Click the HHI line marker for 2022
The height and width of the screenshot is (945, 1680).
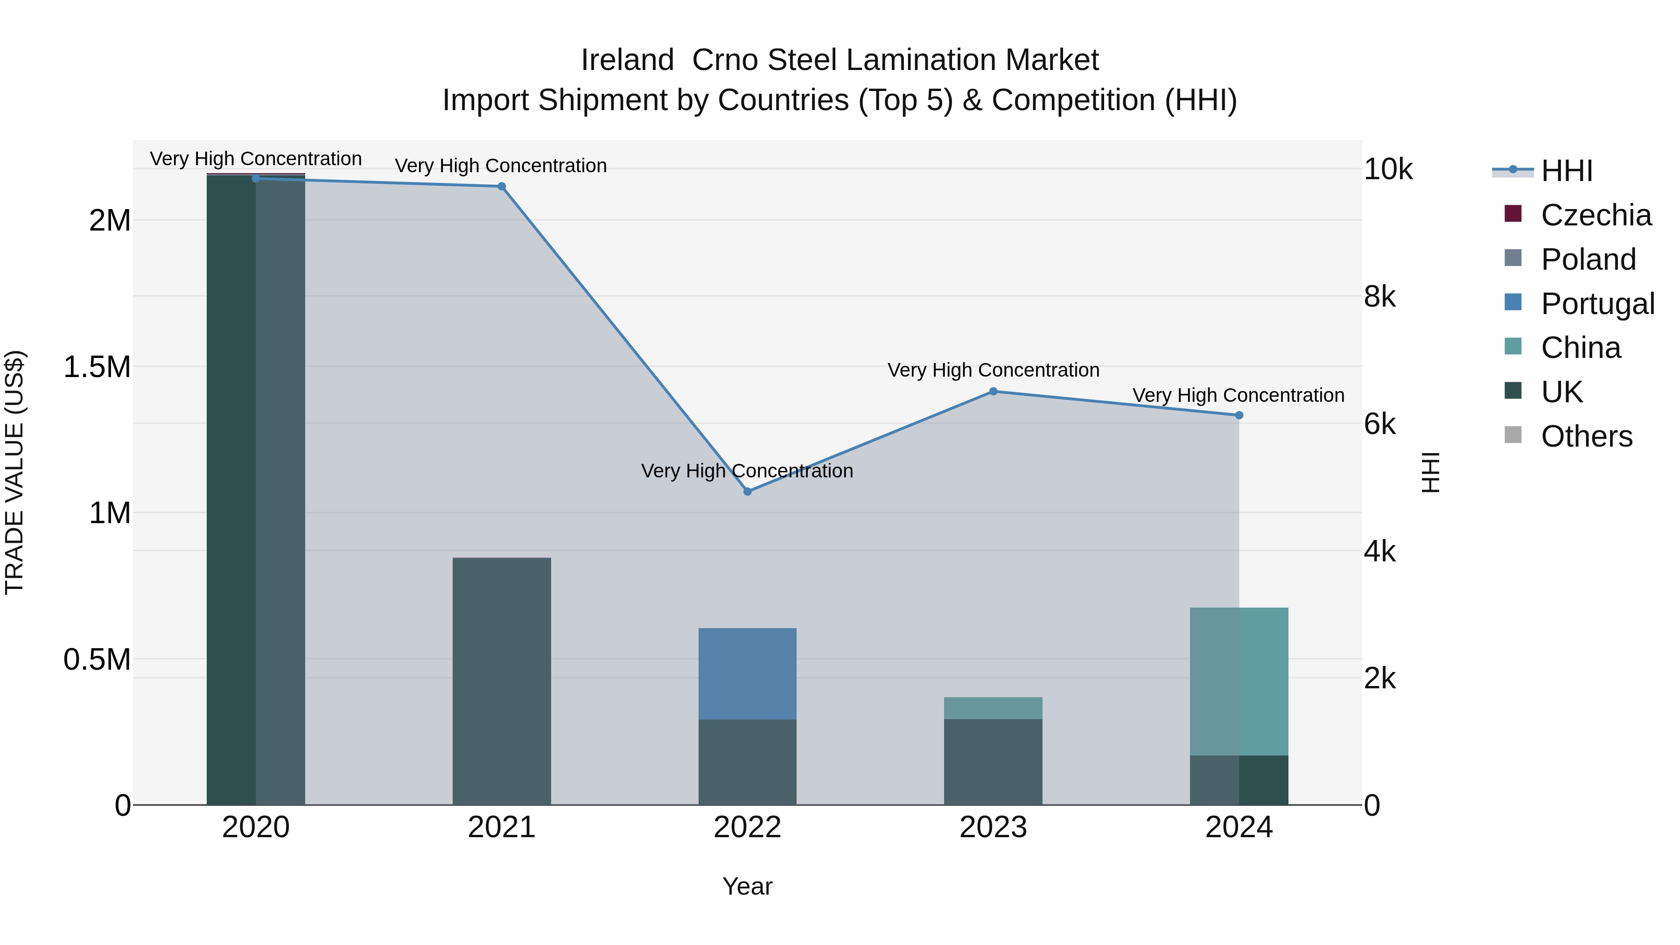click(x=748, y=491)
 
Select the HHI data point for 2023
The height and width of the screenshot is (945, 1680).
click(x=993, y=392)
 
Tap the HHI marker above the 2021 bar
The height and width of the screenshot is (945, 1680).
click(x=502, y=187)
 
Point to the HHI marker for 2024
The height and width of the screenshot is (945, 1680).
click(x=1239, y=415)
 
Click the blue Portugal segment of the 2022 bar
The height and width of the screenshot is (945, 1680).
click(x=748, y=674)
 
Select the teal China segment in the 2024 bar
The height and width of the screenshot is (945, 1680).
click(x=1239, y=681)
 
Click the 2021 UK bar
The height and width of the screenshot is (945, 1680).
click(x=502, y=681)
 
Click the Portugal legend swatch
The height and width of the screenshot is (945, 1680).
click(x=1513, y=302)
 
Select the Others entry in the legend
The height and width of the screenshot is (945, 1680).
click(x=1586, y=436)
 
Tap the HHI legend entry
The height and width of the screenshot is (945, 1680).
click(x=1567, y=171)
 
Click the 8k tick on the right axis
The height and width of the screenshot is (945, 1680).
click(x=1379, y=297)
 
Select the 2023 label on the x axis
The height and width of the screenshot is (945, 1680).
click(x=993, y=827)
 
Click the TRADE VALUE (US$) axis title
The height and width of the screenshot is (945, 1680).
click(x=14, y=472)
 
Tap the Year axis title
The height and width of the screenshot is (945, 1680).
click(x=748, y=886)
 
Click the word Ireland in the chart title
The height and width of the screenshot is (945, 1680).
click(x=627, y=60)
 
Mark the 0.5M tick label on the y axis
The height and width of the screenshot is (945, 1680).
click(x=97, y=660)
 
